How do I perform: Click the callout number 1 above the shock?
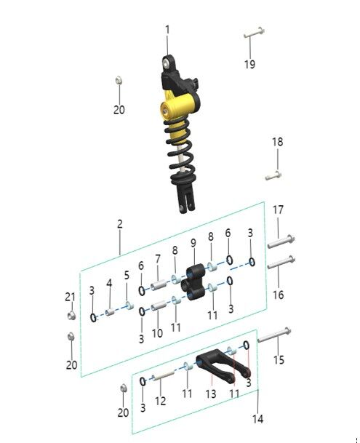click(167, 30)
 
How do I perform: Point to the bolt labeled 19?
click(253, 33)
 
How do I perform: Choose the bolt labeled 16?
click(281, 261)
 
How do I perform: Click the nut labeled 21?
click(72, 315)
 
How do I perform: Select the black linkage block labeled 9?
click(194, 281)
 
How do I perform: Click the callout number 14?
click(258, 419)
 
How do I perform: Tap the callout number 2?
click(120, 225)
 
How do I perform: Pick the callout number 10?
click(157, 334)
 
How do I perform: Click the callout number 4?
click(109, 283)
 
